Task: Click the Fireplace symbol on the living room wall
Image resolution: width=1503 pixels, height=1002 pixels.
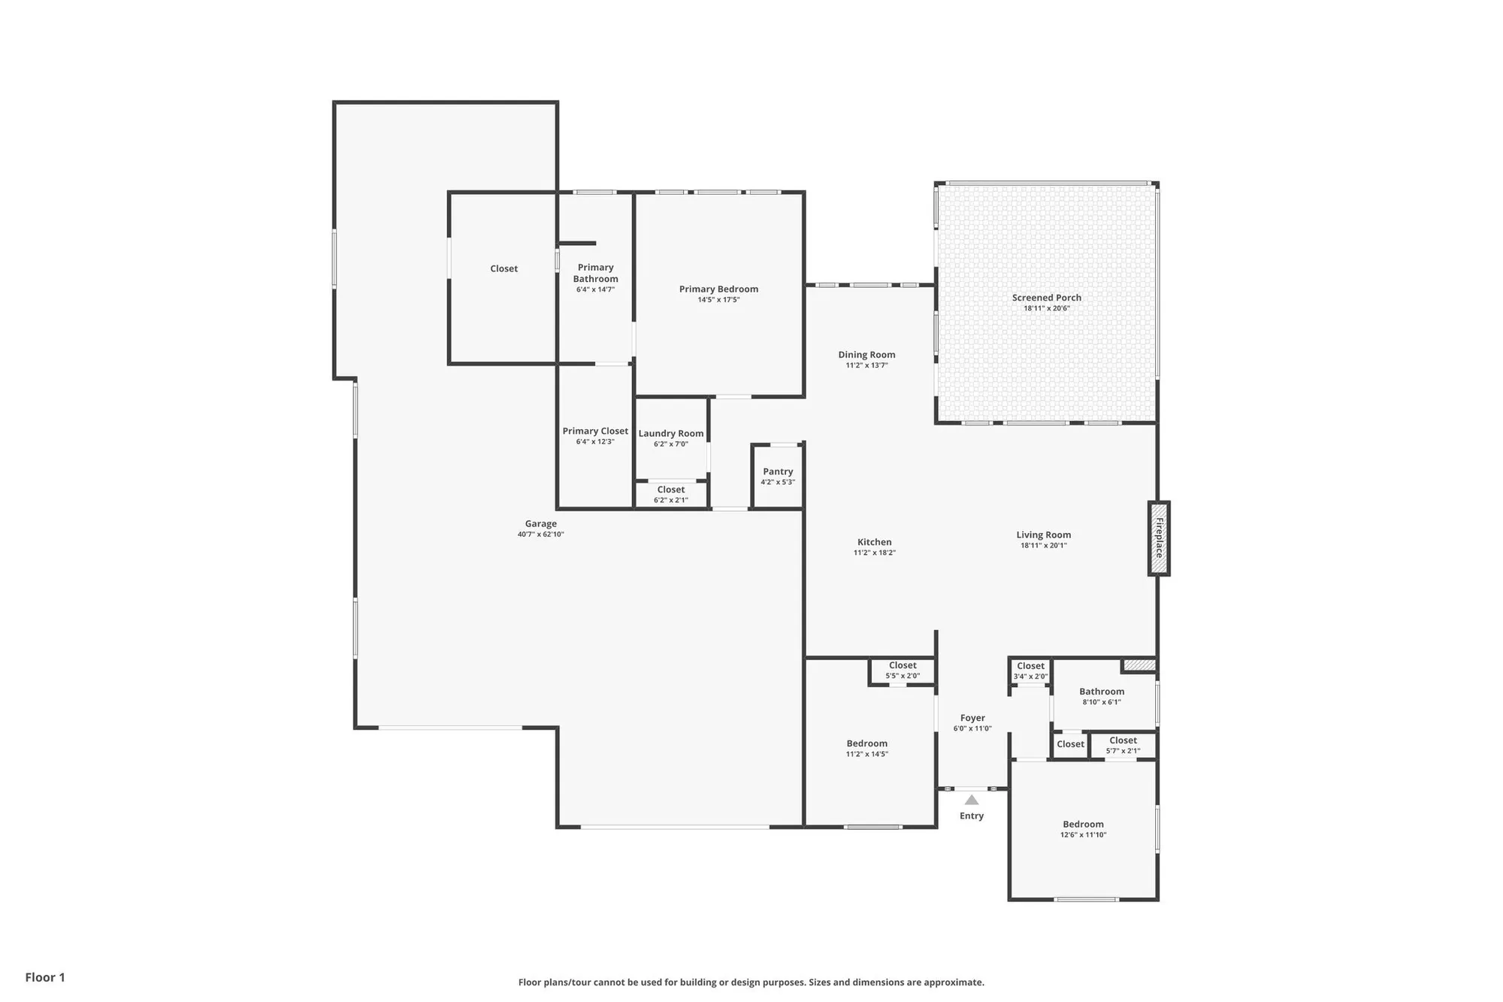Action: (1158, 538)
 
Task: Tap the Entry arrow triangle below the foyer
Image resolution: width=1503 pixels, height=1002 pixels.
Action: (972, 800)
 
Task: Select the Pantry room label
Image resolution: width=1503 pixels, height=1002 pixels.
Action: (778, 472)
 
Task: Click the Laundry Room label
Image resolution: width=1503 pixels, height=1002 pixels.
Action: (671, 434)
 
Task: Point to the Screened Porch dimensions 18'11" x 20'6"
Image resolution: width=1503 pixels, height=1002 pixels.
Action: (1046, 308)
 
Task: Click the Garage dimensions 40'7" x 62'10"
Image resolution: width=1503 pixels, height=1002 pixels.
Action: (540, 534)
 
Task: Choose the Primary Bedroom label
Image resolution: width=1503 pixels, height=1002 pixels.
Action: (718, 289)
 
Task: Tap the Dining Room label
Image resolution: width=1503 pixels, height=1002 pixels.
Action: (866, 355)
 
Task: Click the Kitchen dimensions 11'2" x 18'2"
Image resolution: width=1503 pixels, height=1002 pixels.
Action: (874, 552)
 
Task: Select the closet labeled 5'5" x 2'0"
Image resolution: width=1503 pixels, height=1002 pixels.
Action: (903, 671)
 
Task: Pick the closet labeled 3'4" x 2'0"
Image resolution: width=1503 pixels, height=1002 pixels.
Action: (1030, 671)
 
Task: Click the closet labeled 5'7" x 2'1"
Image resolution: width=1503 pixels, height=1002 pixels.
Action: (1123, 745)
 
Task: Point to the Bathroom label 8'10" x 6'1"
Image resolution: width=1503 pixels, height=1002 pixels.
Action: (1102, 692)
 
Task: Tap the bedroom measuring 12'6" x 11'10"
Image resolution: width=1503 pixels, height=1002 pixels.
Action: (1083, 829)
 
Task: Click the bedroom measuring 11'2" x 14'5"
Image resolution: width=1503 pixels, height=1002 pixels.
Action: (866, 749)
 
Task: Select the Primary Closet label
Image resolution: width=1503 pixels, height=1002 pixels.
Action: (595, 431)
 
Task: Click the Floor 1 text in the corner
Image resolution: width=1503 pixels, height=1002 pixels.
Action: (45, 977)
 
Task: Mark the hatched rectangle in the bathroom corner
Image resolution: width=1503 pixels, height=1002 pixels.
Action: (1139, 665)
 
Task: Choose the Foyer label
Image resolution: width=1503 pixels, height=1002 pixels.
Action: (972, 719)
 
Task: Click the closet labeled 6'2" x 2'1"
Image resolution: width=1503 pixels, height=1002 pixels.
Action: (670, 495)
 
